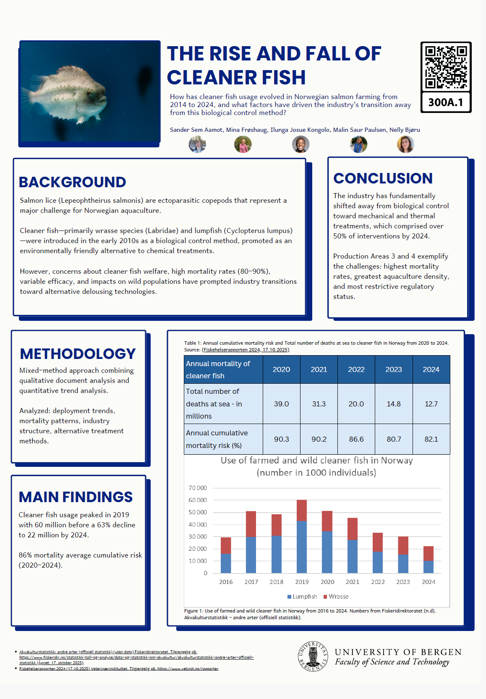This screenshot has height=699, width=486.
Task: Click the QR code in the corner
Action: click(x=446, y=67)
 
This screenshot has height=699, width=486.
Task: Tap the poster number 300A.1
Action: click(x=446, y=102)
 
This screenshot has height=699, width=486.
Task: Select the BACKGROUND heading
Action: click(x=72, y=182)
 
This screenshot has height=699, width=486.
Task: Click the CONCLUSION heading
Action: click(x=383, y=178)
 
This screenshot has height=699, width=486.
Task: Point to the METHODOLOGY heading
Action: click(x=78, y=354)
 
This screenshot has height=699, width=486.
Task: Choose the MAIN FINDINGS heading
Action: click(x=76, y=497)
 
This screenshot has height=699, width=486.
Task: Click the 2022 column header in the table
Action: click(x=356, y=369)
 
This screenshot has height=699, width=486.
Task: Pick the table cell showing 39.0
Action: click(x=281, y=404)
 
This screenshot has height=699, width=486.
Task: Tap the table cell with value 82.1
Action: click(x=431, y=439)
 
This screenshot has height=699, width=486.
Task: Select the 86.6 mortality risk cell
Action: click(x=356, y=439)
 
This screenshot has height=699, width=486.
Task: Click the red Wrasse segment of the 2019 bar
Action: click(x=302, y=510)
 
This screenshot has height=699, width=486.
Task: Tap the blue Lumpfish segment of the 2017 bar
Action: click(x=251, y=555)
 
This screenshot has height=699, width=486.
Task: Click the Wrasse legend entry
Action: click(x=336, y=597)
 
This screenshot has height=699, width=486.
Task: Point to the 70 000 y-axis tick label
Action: click(x=198, y=488)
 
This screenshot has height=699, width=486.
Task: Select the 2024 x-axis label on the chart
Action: click(x=429, y=582)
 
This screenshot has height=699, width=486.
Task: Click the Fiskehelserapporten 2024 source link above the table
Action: click(x=246, y=350)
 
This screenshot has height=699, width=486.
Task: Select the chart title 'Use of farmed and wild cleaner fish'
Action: click(x=316, y=461)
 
